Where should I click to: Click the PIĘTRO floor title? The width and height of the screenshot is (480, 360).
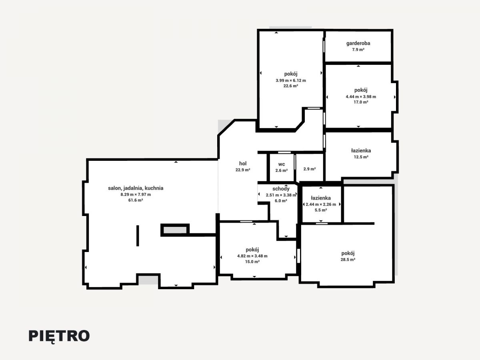(x=59, y=336)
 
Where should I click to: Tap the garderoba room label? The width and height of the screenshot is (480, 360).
(x=358, y=43)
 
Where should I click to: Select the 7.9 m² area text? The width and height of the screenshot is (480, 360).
(x=358, y=50)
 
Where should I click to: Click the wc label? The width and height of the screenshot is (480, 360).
(x=282, y=164)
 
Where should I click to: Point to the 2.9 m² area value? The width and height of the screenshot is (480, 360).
(x=310, y=169)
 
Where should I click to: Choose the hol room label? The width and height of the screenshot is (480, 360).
(x=243, y=164)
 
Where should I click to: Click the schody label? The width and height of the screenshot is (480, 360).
(x=281, y=189)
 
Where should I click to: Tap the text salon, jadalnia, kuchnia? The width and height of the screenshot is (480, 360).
(x=136, y=188)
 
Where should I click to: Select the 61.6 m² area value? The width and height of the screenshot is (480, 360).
(x=136, y=200)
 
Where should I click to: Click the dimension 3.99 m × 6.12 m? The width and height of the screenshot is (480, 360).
(x=291, y=80)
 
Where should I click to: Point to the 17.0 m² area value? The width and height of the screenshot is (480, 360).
(x=361, y=102)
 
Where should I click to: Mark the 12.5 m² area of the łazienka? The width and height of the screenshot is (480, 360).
(x=361, y=157)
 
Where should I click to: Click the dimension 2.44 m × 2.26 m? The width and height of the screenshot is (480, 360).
(x=321, y=204)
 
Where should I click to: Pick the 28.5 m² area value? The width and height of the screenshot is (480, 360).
(x=348, y=260)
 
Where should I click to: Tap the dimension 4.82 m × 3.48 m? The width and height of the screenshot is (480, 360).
(x=252, y=256)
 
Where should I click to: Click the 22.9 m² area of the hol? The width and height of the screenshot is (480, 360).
(x=243, y=170)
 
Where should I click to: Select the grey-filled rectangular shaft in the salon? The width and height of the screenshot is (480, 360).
(x=175, y=230)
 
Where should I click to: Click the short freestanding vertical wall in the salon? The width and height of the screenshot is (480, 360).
(x=138, y=236)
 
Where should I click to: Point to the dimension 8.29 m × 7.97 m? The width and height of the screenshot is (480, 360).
(x=136, y=194)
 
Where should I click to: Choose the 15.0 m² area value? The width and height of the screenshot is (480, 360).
(x=252, y=262)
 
